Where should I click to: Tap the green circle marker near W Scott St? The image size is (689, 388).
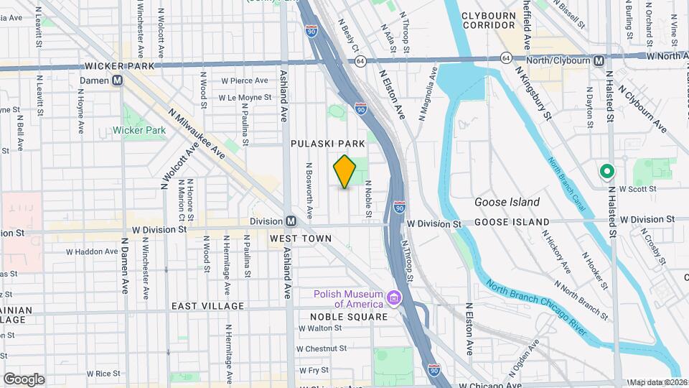coord(606,171)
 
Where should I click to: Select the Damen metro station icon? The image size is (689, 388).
coord(116,80)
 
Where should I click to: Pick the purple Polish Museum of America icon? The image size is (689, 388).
coord(393,297)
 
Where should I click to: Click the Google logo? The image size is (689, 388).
coord(24,379)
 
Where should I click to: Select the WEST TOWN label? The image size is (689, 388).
coord(301,238)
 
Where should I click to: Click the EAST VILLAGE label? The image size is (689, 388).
coord(207,306)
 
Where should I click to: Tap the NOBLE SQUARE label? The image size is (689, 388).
coord(348,316)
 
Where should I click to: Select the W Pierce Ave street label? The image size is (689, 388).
coord(244,80)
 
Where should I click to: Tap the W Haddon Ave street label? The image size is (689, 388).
coord(92,251)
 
